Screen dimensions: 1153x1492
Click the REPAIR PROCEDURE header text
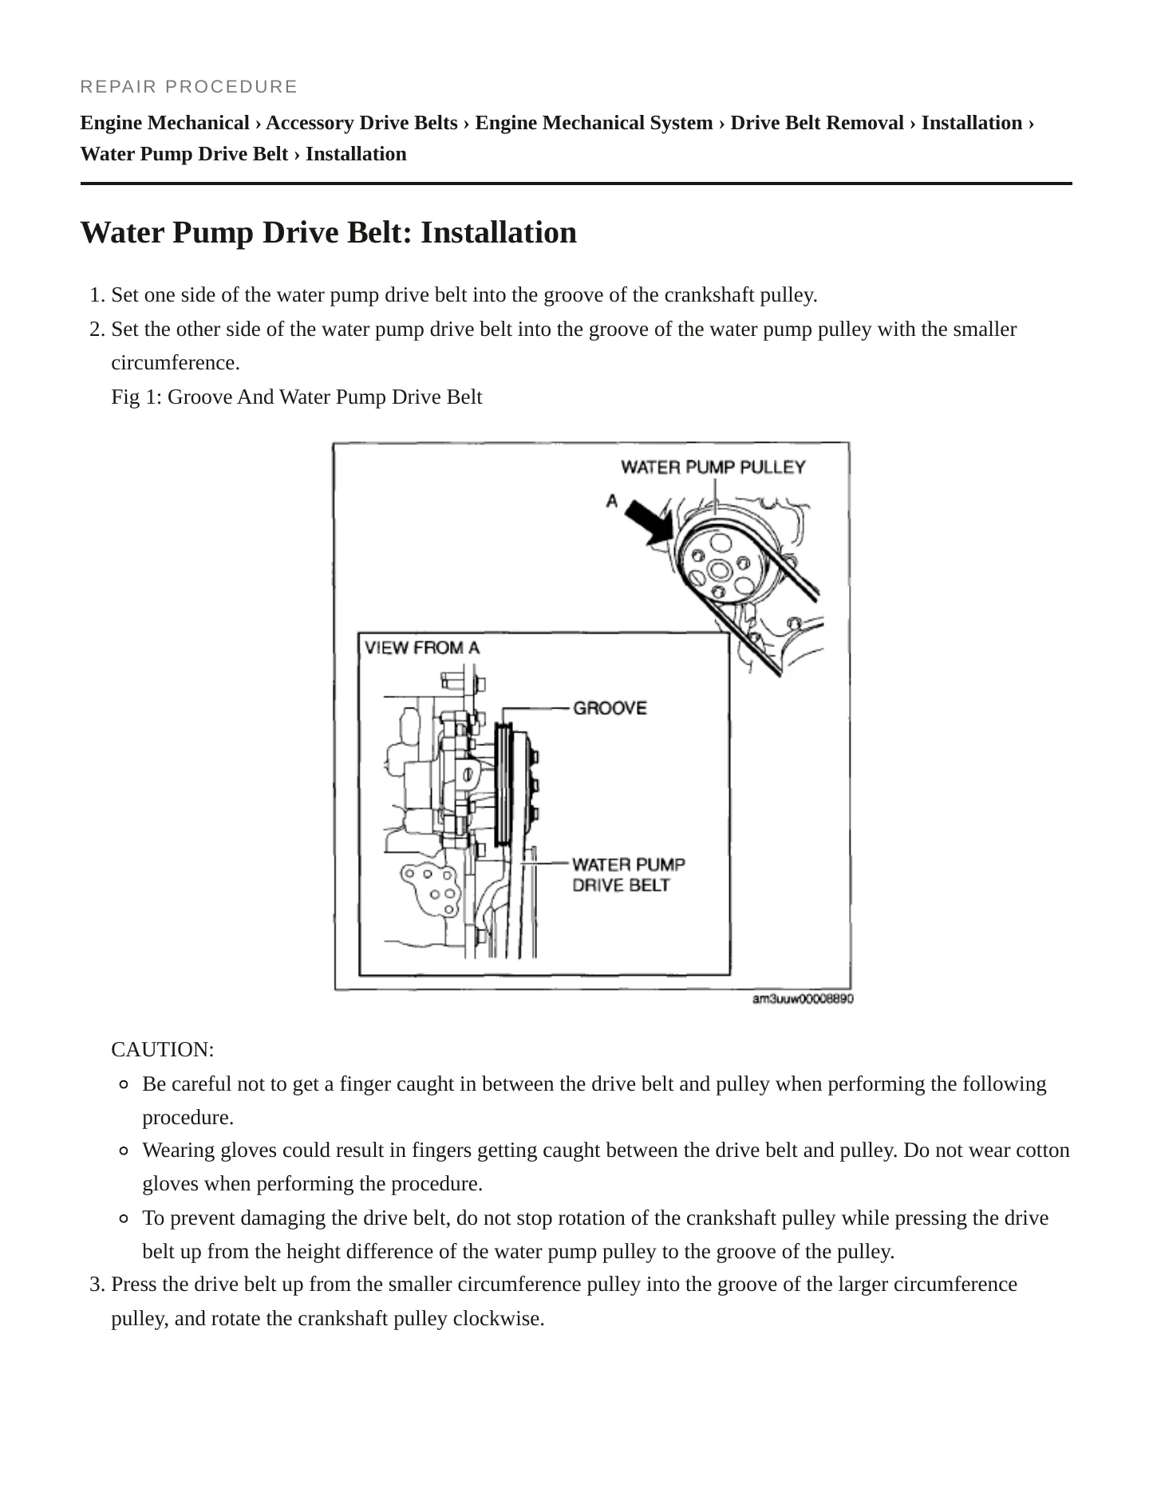(x=188, y=86)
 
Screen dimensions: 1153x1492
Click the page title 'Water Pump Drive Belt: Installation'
(x=329, y=232)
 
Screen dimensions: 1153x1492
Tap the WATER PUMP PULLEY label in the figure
(x=713, y=467)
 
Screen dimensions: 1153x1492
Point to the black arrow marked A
(x=648, y=523)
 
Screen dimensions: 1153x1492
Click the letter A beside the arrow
(x=612, y=500)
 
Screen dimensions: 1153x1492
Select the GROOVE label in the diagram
(x=610, y=708)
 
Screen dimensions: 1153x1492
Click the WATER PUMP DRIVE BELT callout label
(x=629, y=874)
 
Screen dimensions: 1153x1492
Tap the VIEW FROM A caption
(x=422, y=647)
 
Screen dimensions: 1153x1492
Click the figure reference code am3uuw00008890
(x=803, y=999)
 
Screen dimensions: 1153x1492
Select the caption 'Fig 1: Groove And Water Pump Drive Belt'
(x=297, y=397)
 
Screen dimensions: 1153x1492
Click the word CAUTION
(x=163, y=1049)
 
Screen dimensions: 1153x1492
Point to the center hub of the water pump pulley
(x=719, y=570)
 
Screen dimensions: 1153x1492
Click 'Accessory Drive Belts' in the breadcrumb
(x=361, y=123)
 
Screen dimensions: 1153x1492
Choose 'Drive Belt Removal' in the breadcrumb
(x=817, y=123)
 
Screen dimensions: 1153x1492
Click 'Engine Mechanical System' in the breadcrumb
(x=594, y=123)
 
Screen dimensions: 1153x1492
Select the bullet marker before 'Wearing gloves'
(x=124, y=1151)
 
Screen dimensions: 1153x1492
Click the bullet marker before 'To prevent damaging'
(x=124, y=1218)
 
